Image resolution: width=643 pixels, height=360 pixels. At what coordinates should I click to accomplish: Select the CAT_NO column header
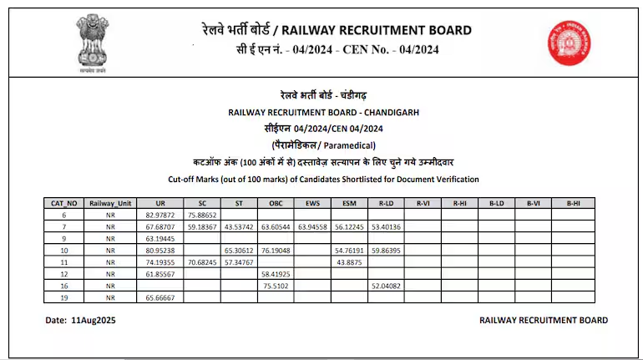coord(64,203)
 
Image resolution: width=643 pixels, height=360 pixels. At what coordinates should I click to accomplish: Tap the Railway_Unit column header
coord(110,203)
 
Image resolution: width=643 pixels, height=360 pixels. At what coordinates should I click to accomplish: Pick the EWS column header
coord(312,203)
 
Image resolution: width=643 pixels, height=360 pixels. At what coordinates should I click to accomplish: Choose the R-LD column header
coord(386,203)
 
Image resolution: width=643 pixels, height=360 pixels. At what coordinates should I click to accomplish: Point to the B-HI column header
coord(573,203)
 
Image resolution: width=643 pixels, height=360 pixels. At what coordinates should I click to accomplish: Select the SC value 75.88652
coord(202,215)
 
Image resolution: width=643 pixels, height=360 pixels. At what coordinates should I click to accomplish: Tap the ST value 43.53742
coord(239,226)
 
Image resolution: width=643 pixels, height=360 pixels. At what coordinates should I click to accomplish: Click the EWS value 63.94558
coord(312,226)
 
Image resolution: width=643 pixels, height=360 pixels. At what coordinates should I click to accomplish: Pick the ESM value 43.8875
coord(349,261)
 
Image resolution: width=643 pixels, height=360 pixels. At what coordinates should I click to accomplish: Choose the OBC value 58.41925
coord(276,273)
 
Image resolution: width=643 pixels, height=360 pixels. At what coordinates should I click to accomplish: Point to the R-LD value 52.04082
coord(386,285)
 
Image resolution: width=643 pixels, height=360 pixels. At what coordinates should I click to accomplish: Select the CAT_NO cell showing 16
coord(64,285)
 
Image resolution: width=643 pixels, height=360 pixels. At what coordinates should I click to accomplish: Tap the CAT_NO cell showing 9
coord(64,238)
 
